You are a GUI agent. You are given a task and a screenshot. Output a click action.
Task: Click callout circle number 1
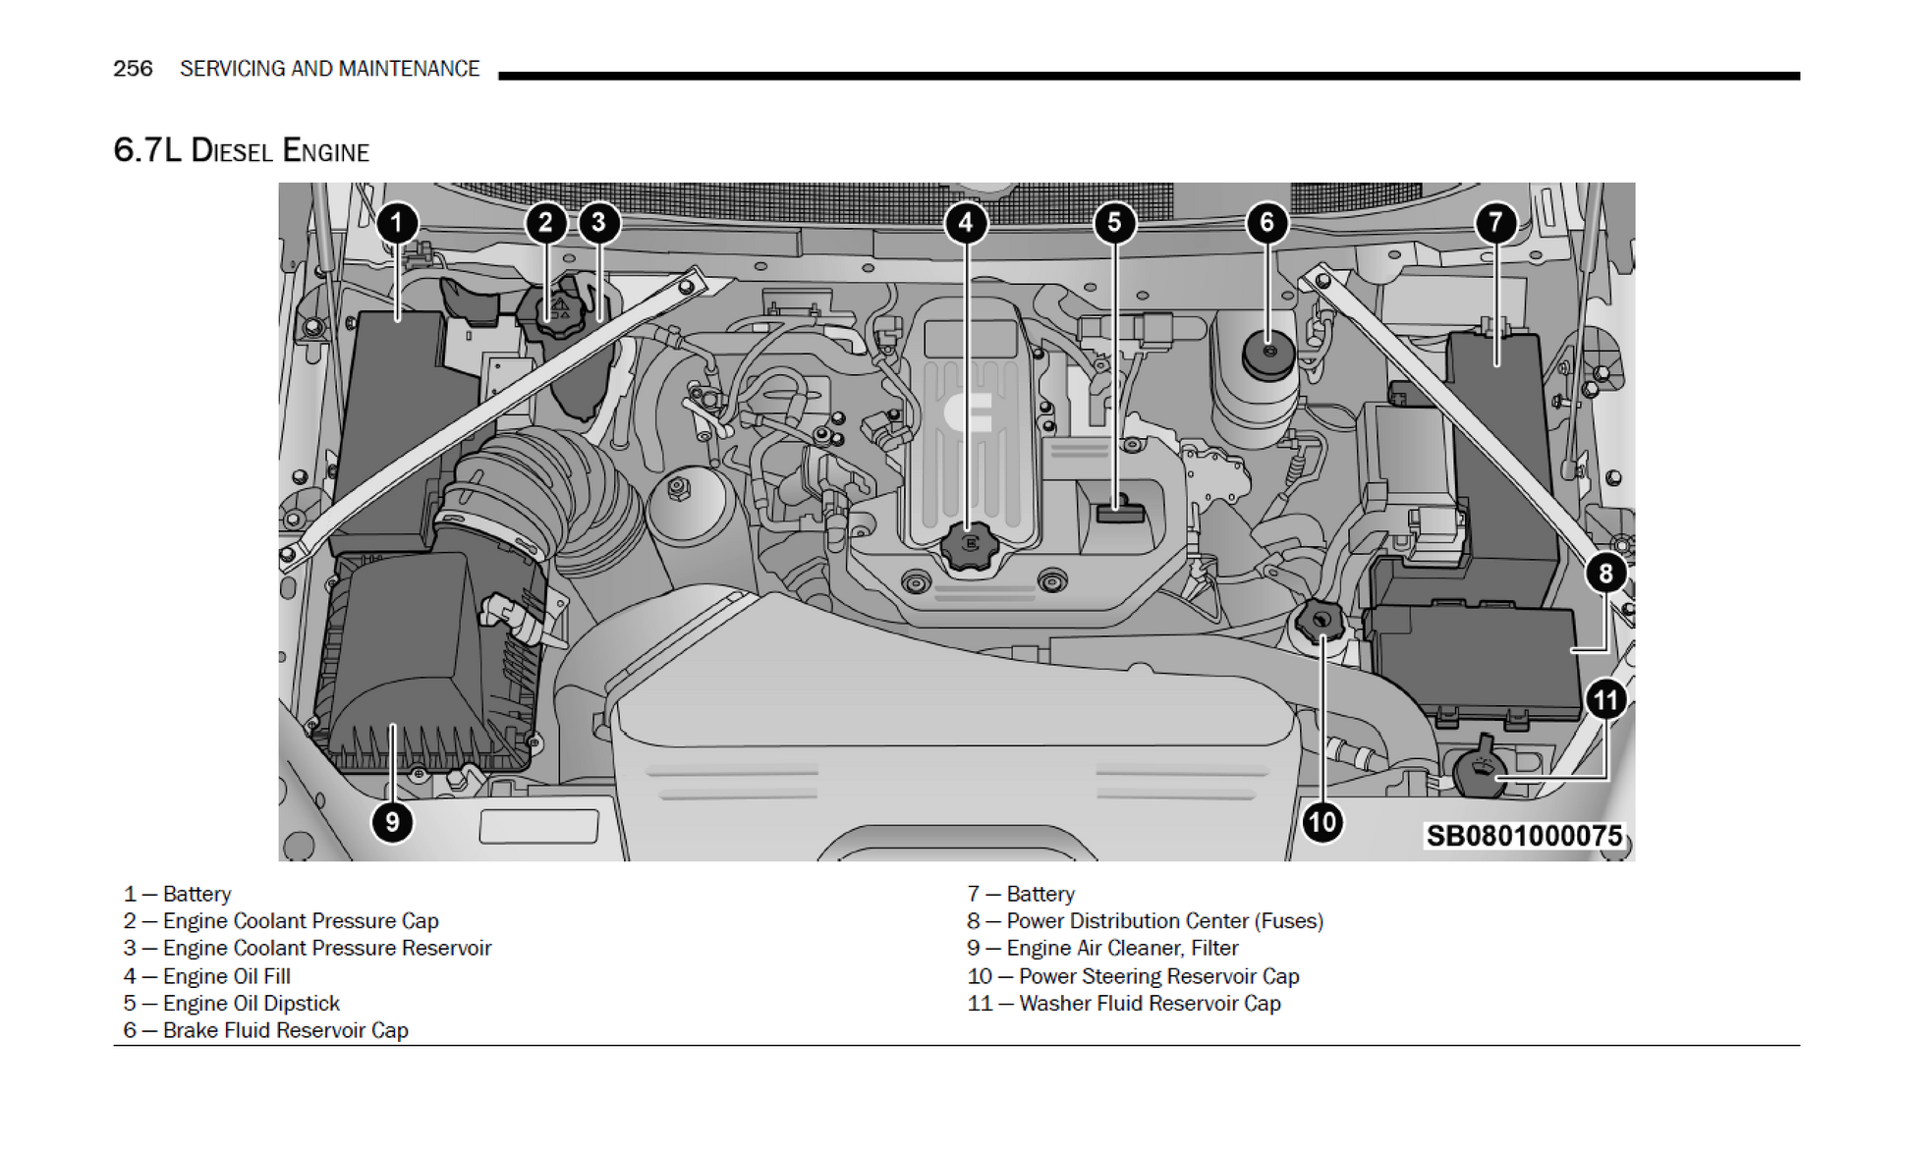tap(397, 223)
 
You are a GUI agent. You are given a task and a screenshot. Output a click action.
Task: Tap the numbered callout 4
tap(966, 223)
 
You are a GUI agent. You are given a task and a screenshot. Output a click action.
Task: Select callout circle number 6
tap(1266, 223)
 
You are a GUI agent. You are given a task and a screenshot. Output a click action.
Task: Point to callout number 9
tap(392, 821)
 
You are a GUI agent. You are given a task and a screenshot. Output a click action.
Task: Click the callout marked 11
tap(1605, 700)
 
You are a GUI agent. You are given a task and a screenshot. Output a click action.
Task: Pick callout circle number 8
tap(1605, 573)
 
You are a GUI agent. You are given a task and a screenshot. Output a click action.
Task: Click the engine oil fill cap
tap(969, 545)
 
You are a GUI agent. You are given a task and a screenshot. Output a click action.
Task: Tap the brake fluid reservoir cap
tap(1268, 355)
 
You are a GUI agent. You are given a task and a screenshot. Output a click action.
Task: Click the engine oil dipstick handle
tap(1120, 511)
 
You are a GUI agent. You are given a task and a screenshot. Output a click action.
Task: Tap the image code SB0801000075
tap(1523, 836)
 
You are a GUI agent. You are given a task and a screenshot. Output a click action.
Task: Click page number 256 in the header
tap(133, 69)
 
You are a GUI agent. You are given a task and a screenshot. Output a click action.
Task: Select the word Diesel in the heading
tap(231, 151)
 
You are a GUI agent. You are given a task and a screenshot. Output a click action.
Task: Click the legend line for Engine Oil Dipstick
tap(232, 1003)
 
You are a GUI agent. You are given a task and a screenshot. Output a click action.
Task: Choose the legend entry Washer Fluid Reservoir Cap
tap(1124, 1003)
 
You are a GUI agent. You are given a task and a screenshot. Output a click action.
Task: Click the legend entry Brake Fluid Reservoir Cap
tap(266, 1030)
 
